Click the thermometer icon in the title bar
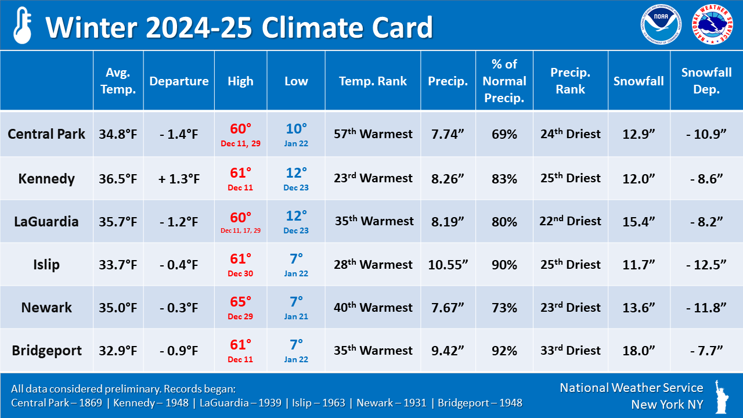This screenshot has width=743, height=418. tap(22, 26)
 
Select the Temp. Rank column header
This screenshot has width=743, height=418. tap(373, 81)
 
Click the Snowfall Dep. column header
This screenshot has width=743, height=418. tap(706, 81)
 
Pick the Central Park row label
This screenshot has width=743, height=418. tap(46, 134)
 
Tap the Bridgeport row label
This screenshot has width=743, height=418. tap(46, 351)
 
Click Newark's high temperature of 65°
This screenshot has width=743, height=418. tap(240, 302)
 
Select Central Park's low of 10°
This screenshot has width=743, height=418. tap(296, 129)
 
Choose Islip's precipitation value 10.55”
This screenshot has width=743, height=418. tap(448, 265)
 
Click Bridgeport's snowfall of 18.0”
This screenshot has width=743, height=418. tap(639, 351)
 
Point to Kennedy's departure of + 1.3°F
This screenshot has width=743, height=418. tap(179, 179)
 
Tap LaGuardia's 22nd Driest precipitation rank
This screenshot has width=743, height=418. tap(570, 221)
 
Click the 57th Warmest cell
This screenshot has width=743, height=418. tap(373, 134)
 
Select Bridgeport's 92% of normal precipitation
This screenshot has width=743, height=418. tap(504, 351)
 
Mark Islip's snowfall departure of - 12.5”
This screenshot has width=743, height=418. tap(706, 265)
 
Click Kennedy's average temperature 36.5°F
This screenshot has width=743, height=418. tap(118, 179)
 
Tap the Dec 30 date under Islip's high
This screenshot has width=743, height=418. tap(240, 273)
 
